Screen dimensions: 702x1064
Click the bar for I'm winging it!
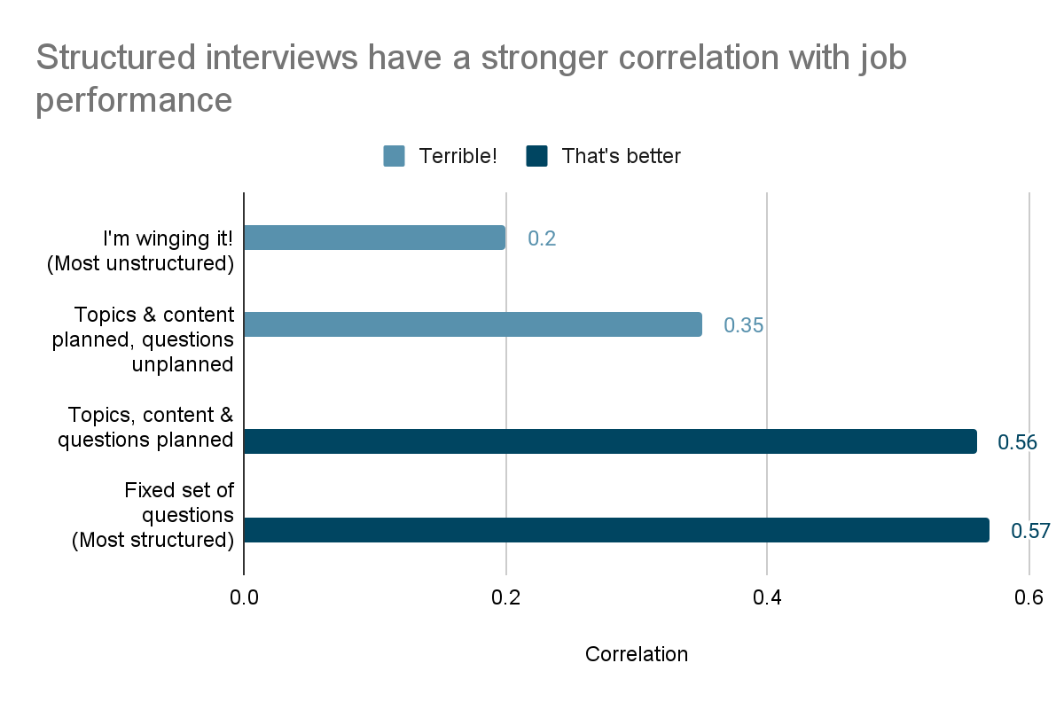click(x=374, y=238)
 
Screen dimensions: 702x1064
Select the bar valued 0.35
click(x=473, y=324)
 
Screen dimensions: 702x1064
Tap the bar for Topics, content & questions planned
click(x=610, y=441)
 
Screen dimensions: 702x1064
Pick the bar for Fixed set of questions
click(x=616, y=530)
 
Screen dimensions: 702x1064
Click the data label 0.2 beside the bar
click(x=542, y=238)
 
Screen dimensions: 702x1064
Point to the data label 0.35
click(x=743, y=325)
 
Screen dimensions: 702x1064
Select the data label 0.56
click(x=1018, y=442)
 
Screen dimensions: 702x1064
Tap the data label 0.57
click(x=1030, y=531)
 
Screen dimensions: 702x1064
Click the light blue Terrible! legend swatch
click(x=394, y=156)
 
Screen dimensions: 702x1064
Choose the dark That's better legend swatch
click(x=536, y=156)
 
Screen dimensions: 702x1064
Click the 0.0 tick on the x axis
click(x=244, y=597)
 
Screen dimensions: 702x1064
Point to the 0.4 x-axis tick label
click(x=767, y=597)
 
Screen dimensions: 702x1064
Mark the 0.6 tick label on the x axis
click(x=1029, y=597)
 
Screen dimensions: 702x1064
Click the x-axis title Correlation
click(x=636, y=654)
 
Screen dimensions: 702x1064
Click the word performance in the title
click(x=134, y=99)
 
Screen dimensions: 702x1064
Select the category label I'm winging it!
click(x=168, y=238)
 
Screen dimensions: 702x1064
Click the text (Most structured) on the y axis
click(x=153, y=539)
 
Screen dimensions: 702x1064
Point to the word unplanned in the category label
click(x=183, y=364)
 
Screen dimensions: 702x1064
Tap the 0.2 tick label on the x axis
click(x=505, y=597)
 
